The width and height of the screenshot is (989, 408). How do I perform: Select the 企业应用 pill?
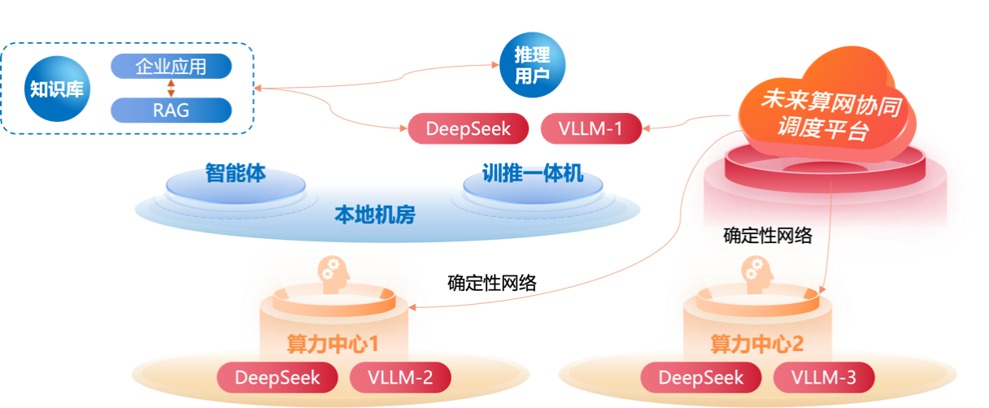pos(171,67)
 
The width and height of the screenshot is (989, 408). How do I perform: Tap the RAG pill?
pos(171,111)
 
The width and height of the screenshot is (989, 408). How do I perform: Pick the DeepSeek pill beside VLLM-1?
pos(468,128)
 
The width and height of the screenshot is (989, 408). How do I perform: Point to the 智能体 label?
pos(235,175)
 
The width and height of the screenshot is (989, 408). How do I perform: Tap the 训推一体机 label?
pos(533,175)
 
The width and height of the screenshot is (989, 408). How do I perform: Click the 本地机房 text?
pos(375,215)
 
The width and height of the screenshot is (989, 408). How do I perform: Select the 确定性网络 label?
pos(768,237)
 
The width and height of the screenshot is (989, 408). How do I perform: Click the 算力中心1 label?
pos(333,344)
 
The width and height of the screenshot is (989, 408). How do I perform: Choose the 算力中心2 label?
pos(757,344)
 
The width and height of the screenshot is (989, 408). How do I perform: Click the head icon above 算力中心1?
pos(334,271)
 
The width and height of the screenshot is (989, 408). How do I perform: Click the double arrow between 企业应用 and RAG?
pos(171,89)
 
